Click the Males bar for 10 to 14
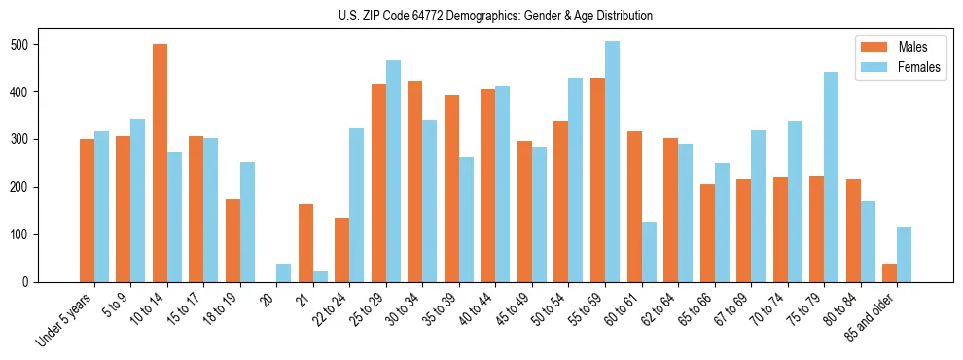160,162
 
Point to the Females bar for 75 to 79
831,177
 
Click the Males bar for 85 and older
889,272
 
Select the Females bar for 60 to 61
649,252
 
